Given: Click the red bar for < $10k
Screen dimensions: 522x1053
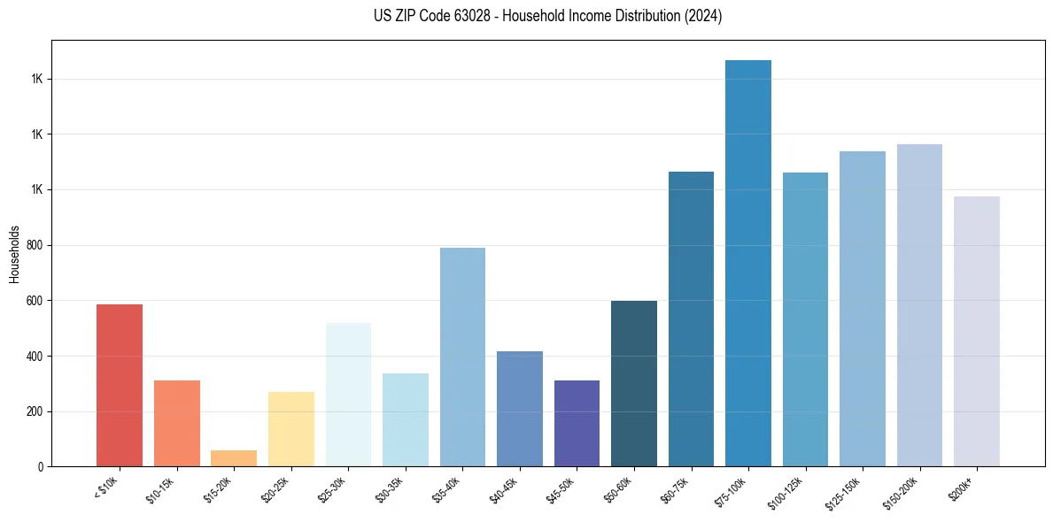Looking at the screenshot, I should pos(120,385).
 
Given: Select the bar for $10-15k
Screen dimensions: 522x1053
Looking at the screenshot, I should pos(176,423).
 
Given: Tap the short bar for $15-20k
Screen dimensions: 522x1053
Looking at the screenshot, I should pos(234,458).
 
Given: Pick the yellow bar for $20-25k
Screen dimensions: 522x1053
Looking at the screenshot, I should pos(290,429).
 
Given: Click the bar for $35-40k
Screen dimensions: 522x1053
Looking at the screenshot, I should pos(462,357).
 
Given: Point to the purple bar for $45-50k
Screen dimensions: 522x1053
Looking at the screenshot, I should pos(577,423).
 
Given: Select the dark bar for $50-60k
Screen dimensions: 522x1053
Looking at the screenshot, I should pos(634,383).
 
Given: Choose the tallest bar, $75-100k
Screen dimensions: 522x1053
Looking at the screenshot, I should pos(748,263).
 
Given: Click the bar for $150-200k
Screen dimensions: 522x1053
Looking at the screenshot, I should pos(919,305).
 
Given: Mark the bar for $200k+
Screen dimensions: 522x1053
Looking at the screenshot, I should pos(977,331).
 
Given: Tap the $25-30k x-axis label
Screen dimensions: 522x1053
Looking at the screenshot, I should pos(332,488).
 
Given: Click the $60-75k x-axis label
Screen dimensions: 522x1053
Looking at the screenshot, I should pos(675,488).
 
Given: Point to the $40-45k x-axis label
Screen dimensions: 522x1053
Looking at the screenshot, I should pos(504,488).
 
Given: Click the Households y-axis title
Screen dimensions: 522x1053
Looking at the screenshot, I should pos(14,253).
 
